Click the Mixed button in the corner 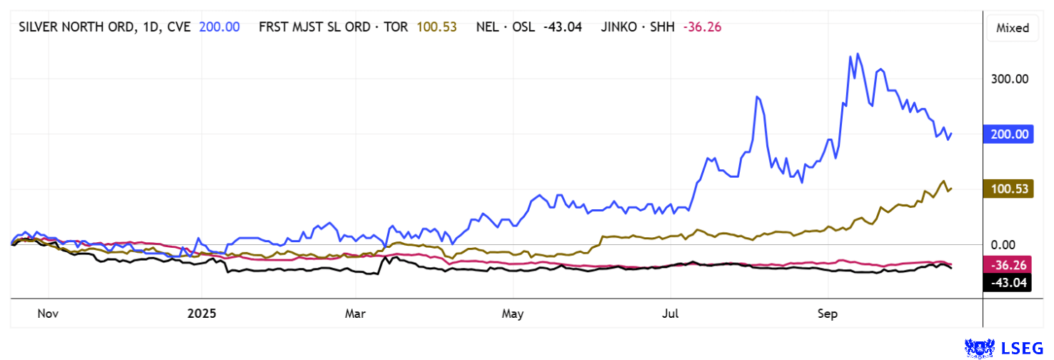[x=1013, y=28]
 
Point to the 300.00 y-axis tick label [x=1010, y=79]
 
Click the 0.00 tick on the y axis [x=1013, y=244]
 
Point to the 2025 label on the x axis [x=201, y=314]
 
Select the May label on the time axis [x=513, y=314]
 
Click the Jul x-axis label [x=671, y=314]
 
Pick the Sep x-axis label [x=828, y=314]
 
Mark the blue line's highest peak [x=858, y=54]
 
